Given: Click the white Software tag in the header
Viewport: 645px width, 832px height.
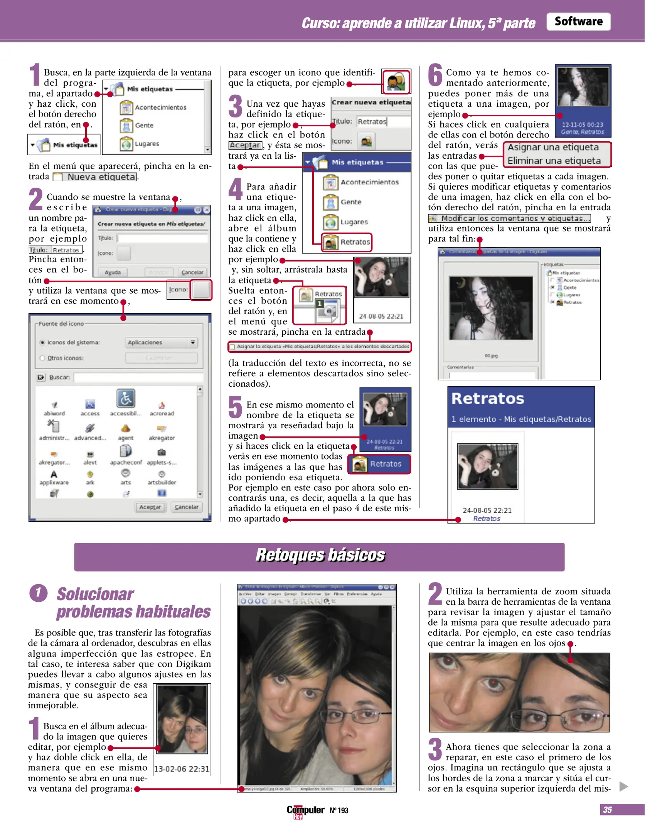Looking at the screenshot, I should click(578, 22).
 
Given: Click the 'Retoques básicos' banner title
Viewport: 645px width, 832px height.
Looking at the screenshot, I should click(320, 555).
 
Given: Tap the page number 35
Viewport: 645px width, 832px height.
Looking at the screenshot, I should click(607, 810).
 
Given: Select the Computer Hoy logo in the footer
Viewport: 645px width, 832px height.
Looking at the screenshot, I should click(305, 810).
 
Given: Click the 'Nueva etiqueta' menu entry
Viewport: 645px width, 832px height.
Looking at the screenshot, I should click(101, 177).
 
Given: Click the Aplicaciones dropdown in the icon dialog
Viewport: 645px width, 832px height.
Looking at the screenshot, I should click(161, 342).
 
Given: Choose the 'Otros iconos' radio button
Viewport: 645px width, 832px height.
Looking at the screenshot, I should click(42, 358).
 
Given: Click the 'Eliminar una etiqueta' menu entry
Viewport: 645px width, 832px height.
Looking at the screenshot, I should click(554, 161).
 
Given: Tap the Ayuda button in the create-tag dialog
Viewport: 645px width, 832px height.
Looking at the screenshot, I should click(113, 272).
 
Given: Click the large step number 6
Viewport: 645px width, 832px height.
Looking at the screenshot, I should click(435, 75).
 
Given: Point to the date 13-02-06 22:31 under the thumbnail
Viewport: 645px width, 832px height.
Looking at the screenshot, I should click(182, 769).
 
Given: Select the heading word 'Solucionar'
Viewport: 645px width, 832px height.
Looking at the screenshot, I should click(95, 594).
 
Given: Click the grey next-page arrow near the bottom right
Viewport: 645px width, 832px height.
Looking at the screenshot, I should click(623, 786).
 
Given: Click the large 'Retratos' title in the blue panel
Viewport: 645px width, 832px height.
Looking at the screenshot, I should click(487, 399).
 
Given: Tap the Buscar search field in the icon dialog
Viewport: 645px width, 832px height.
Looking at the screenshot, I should click(138, 377).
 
